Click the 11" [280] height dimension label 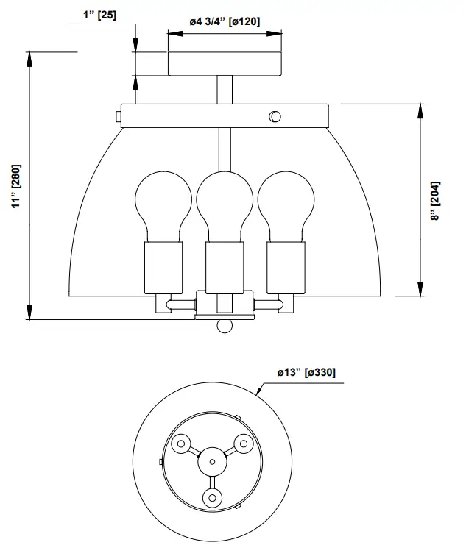pyautogui.click(x=16, y=187)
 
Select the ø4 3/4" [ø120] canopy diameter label pyautogui.click(x=225, y=22)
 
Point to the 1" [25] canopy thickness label pyautogui.click(x=100, y=15)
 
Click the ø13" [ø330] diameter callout pyautogui.click(x=306, y=373)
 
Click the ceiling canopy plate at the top pyautogui.click(x=225, y=64)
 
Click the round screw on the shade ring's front pyautogui.click(x=275, y=115)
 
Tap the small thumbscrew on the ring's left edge pyautogui.click(x=118, y=116)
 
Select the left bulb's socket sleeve pyautogui.click(x=162, y=266)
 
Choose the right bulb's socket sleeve pyautogui.click(x=284, y=266)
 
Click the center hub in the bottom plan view pyautogui.click(x=212, y=462)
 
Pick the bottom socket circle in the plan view pyautogui.click(x=212, y=499)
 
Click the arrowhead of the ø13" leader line pyautogui.click(x=258, y=393)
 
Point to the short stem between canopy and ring pyautogui.click(x=225, y=90)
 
